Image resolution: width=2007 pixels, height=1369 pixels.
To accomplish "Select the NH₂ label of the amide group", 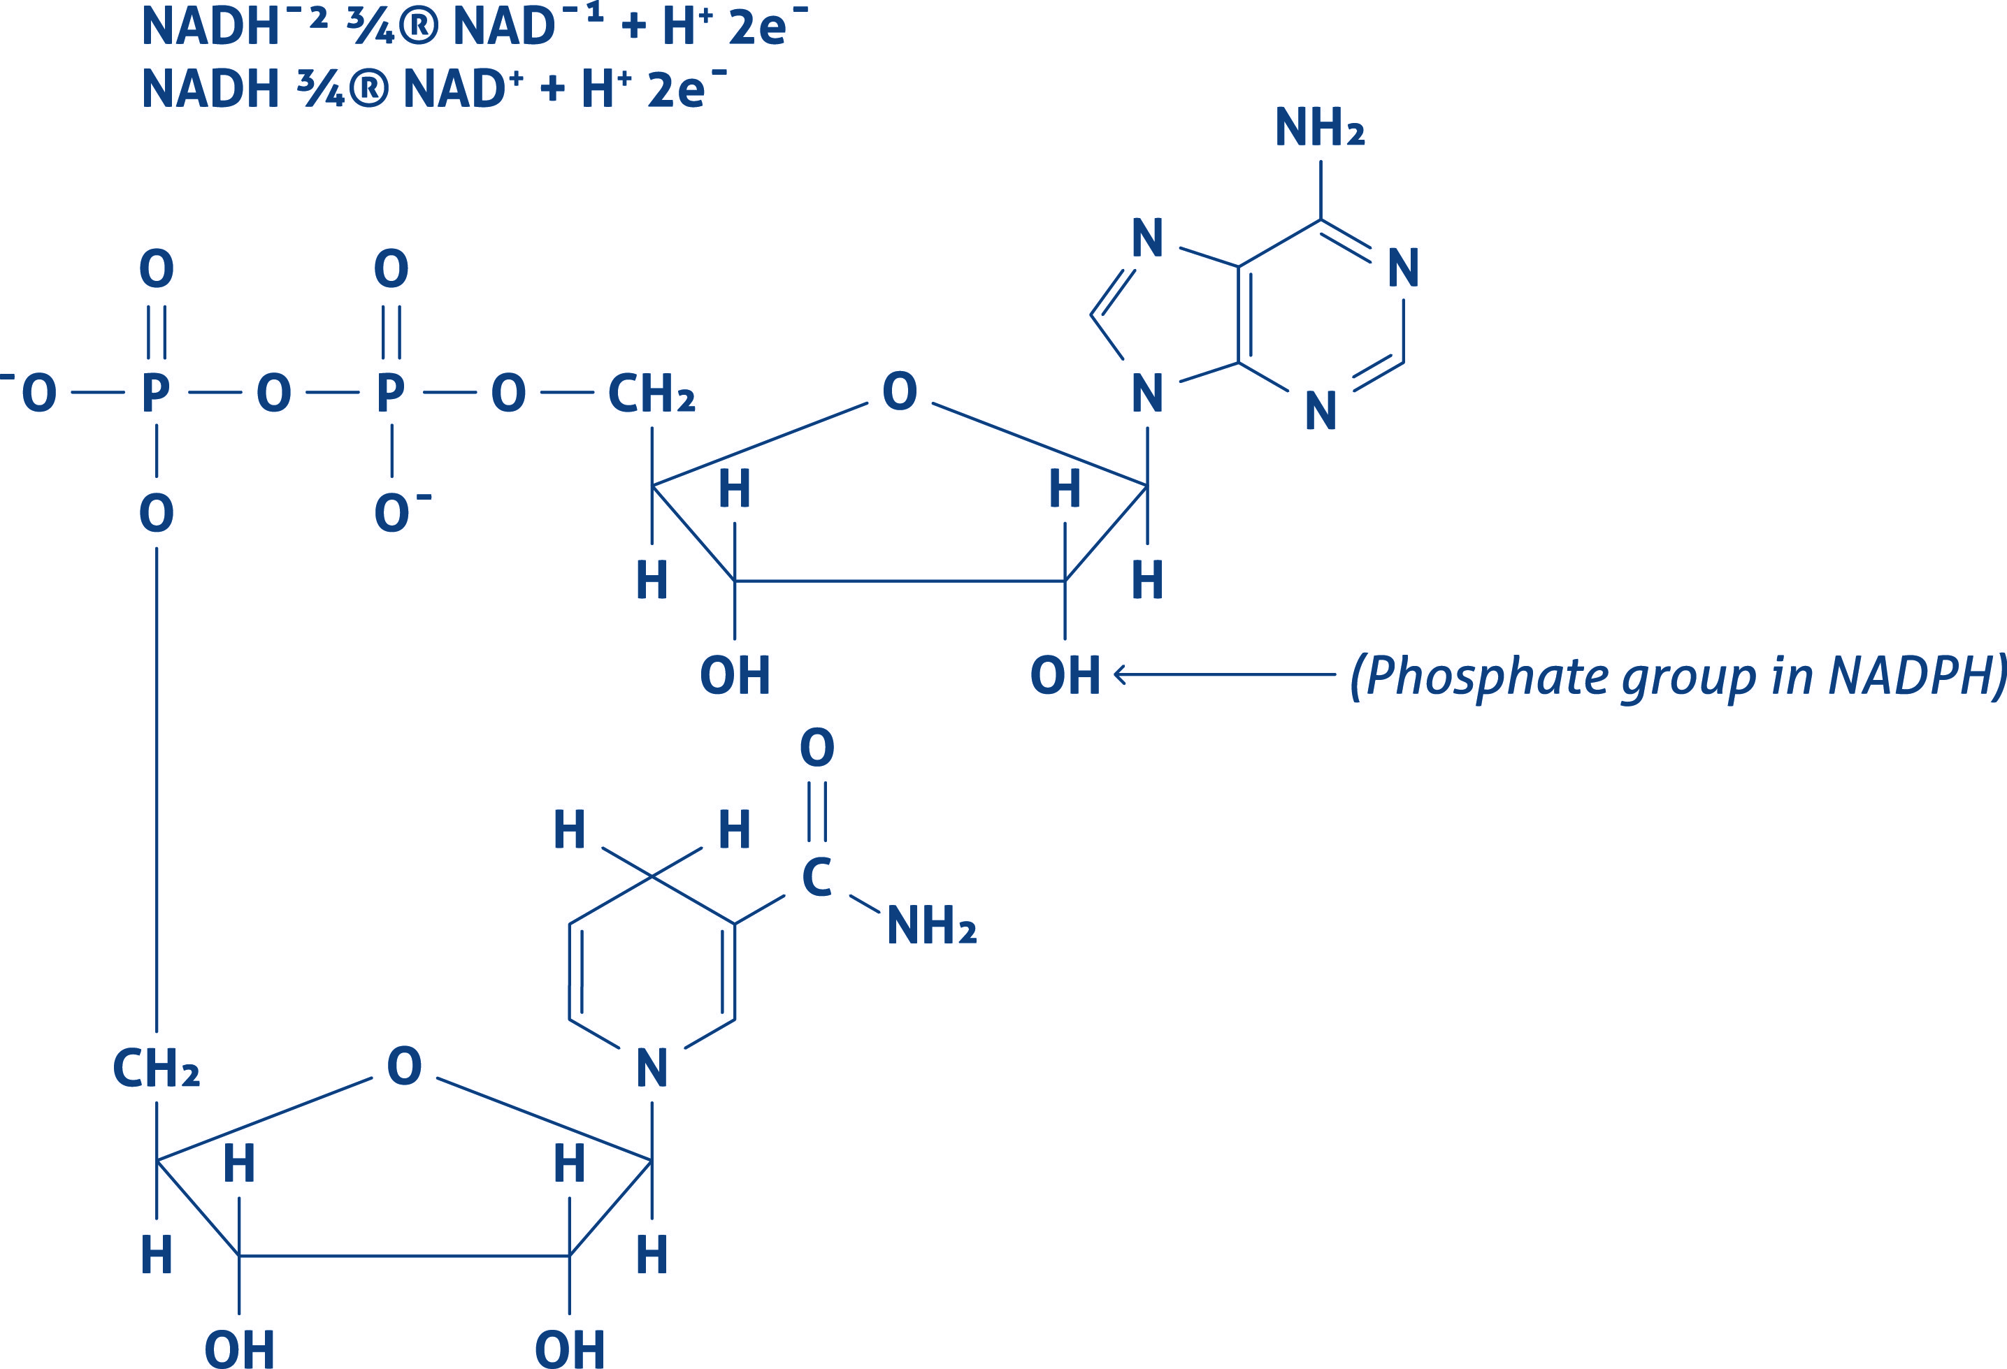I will tap(931, 926).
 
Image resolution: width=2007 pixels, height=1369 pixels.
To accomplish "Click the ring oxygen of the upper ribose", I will tap(899, 392).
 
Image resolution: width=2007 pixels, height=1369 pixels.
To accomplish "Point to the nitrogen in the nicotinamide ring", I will tap(652, 1069).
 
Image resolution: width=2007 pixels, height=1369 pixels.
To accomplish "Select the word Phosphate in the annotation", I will tap(1486, 676).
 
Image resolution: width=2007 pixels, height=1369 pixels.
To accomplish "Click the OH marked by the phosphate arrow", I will tap(1065, 675).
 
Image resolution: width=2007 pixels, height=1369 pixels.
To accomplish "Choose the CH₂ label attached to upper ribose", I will tap(651, 393).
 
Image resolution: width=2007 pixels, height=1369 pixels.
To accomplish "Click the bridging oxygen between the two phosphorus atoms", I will tap(274, 393).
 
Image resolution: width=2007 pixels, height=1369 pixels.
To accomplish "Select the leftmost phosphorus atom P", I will tap(155, 393).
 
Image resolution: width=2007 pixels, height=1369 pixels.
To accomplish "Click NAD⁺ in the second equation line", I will tap(463, 89).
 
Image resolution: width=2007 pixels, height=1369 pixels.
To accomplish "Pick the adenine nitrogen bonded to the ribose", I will tap(1147, 393).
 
